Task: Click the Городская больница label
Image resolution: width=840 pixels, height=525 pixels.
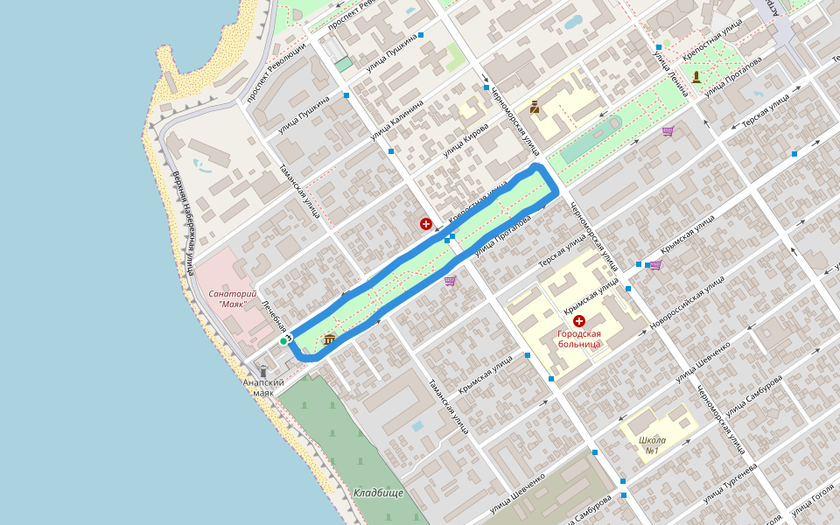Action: coord(579,339)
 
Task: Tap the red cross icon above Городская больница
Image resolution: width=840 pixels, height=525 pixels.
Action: coord(579,321)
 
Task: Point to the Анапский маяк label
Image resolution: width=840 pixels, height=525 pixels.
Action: coord(263,388)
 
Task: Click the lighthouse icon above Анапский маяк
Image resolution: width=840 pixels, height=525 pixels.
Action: coord(263,371)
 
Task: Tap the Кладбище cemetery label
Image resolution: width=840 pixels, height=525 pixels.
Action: coord(379,493)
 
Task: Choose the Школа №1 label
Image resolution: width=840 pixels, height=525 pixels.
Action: coord(652,445)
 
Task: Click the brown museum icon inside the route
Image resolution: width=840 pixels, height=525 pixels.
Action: coord(329,339)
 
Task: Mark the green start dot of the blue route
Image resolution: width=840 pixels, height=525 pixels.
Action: coord(283,340)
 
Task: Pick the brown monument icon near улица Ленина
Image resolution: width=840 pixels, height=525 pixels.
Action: coord(696,77)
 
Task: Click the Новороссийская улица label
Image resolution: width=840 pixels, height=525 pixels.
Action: coord(688,303)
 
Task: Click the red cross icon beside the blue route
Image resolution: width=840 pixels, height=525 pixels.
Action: coord(426,225)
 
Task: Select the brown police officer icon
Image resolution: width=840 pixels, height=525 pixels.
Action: coord(534,108)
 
